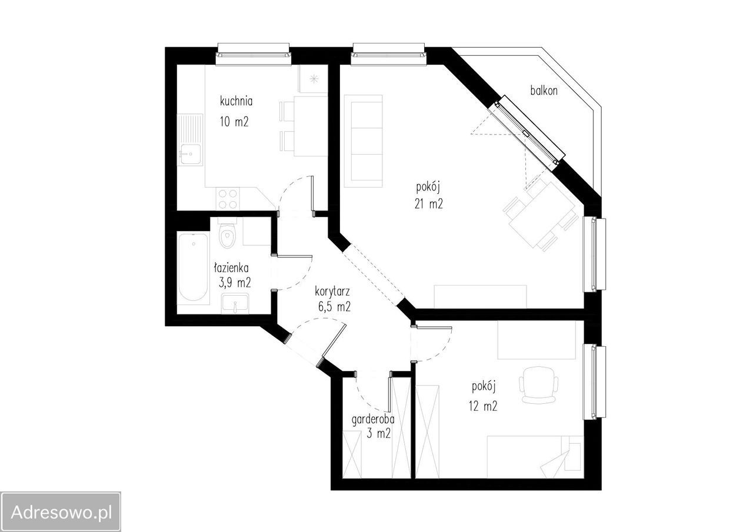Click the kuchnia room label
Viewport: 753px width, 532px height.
[236, 101]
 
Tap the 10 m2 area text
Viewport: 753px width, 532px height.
[234, 122]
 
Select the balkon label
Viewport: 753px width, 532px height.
[544, 91]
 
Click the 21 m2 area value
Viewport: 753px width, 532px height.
[429, 204]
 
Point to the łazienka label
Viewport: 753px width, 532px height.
[231, 267]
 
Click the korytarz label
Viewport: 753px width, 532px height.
[332, 292]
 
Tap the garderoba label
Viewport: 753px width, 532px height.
[373, 420]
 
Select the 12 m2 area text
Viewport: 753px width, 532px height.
[483, 406]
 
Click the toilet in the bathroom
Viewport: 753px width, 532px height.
[228, 233]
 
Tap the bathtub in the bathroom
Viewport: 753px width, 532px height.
[194, 267]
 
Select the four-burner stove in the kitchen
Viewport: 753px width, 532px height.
[228, 199]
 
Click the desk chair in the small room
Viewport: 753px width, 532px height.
[538, 385]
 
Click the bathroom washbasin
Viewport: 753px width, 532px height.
[235, 303]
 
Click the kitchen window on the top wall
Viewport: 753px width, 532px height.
[254, 55]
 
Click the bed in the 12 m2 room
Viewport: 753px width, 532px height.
[535, 457]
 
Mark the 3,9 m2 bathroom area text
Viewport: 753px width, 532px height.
[235, 283]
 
